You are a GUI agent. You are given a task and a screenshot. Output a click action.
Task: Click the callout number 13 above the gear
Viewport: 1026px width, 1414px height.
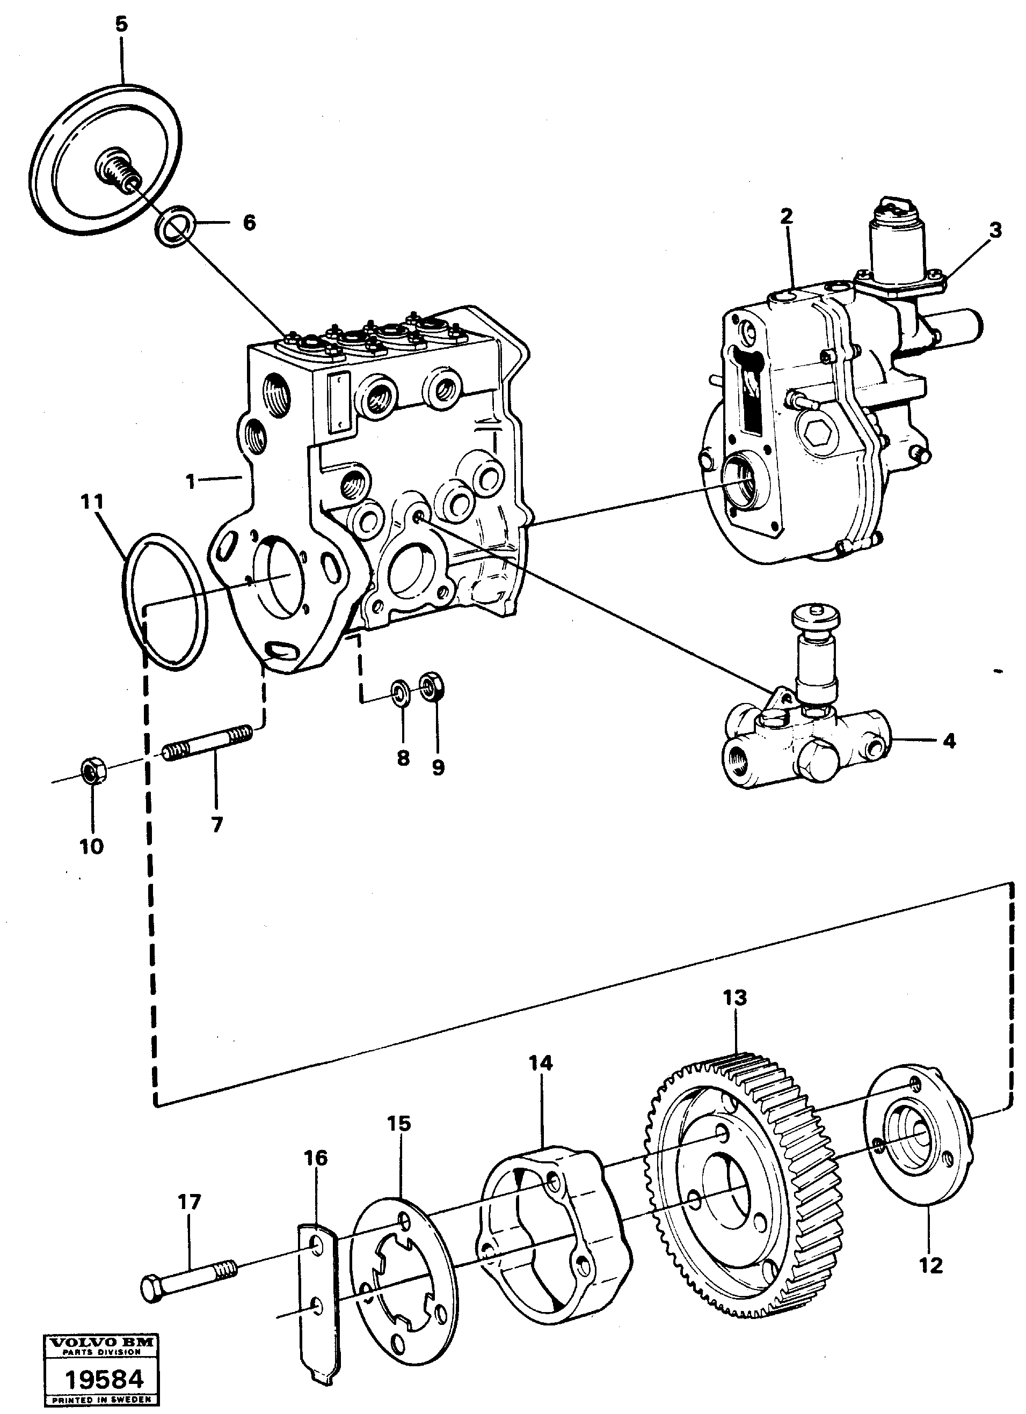pyautogui.click(x=734, y=998)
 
